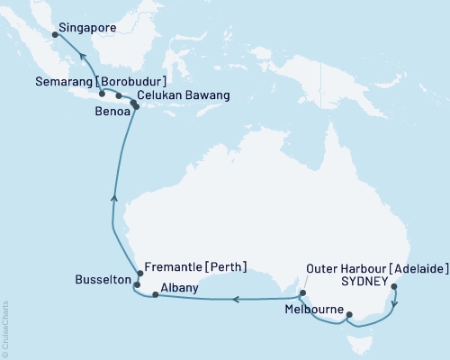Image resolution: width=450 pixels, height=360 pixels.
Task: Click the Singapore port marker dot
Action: coord(54,35)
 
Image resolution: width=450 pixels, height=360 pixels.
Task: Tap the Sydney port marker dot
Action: coord(396,288)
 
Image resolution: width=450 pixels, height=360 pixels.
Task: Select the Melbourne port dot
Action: coord(349,315)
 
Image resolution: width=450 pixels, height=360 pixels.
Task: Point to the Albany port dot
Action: coord(156,295)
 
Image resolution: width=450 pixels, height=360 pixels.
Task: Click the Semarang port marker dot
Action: coord(102,93)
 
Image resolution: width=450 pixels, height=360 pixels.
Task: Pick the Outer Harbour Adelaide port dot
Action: coord(302,292)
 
